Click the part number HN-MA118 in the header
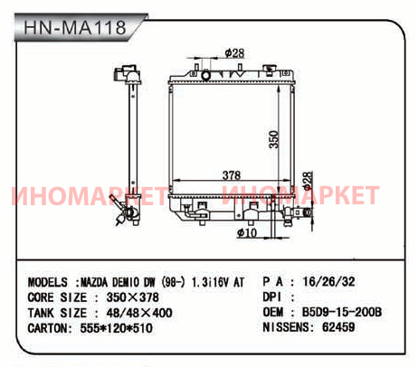pos(75,27)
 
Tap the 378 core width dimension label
pos(232,175)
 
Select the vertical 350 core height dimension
pos(274,139)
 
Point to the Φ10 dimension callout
pos(247,232)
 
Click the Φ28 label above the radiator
pos(234,53)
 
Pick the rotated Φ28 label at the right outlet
pos(308,181)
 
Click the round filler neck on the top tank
pos(206,75)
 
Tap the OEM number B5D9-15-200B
pos(342,312)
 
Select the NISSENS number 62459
pos(338,327)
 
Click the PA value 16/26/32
pos(328,281)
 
